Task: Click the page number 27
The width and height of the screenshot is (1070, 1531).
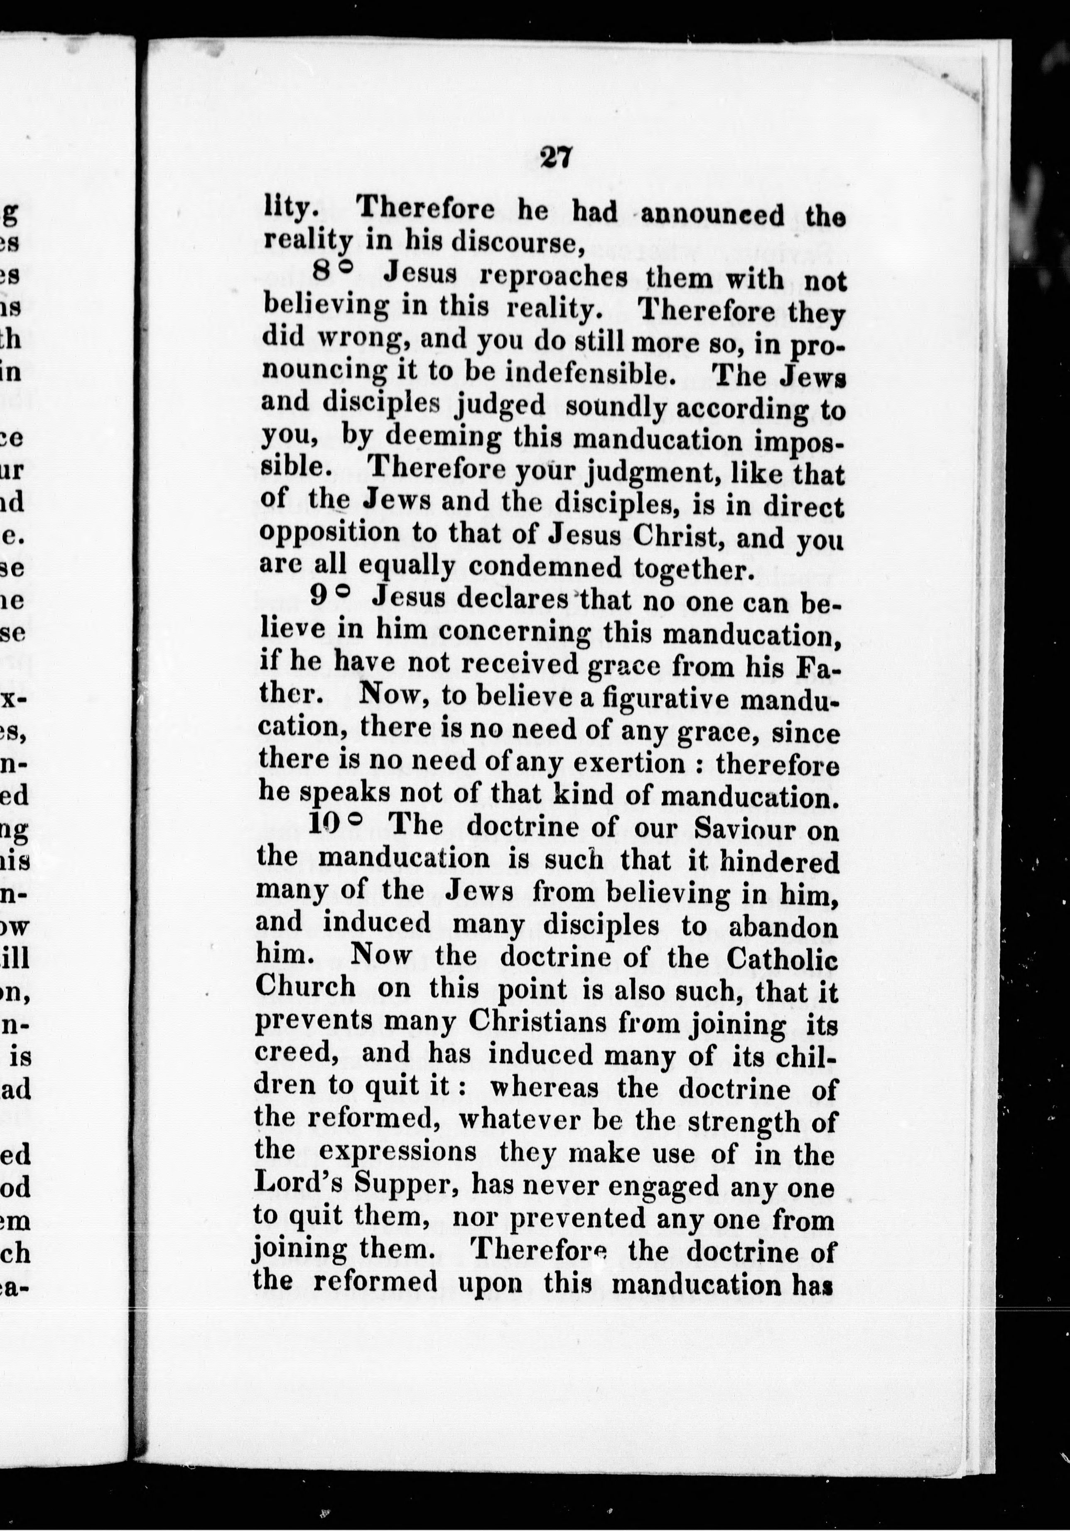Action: (x=555, y=159)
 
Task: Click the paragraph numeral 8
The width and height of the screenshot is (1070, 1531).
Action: (x=322, y=272)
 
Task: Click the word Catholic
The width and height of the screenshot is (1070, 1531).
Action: (x=781, y=959)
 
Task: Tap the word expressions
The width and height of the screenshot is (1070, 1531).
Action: (x=397, y=1153)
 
